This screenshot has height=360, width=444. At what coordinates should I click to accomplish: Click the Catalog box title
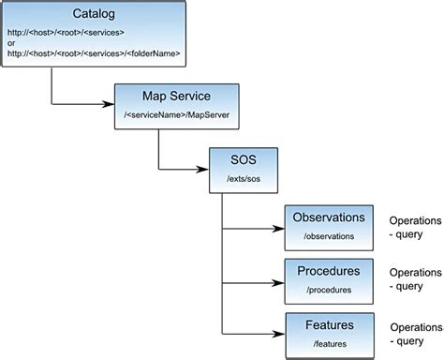pos(94,14)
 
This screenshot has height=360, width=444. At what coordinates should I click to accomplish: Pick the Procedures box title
pos(328,272)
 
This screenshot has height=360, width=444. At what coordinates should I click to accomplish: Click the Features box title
pos(328,325)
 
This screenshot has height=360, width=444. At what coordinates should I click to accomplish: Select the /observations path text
pos(327,237)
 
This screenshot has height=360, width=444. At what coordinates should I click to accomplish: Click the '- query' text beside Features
pos(409,341)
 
